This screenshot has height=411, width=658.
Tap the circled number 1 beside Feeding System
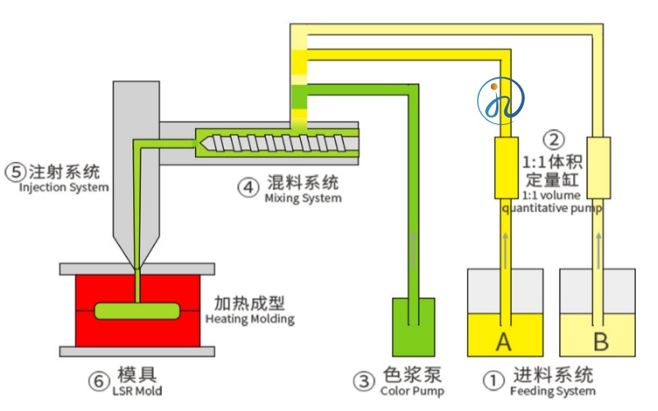click(493, 380)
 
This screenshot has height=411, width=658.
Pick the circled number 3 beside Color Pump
click(364, 381)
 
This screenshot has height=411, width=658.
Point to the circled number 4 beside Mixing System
click(248, 187)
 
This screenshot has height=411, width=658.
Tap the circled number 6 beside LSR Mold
click(98, 381)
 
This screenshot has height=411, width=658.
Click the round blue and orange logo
click(499, 99)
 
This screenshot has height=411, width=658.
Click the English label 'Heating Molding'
click(249, 319)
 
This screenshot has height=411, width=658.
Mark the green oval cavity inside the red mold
click(137, 311)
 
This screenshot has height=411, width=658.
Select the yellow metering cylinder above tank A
click(505, 168)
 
